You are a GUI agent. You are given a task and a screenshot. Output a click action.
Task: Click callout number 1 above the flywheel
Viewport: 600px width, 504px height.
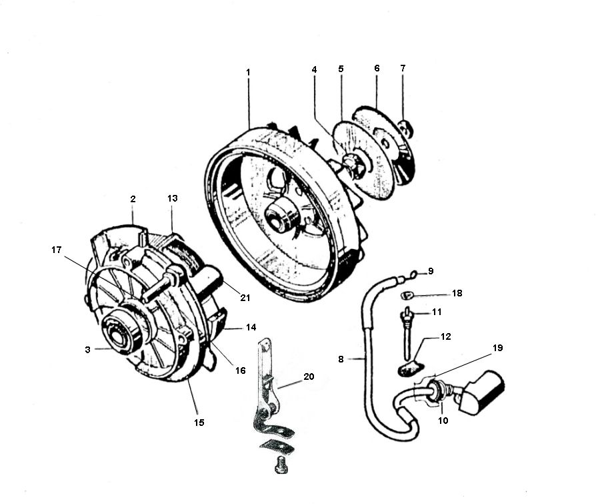click(248, 71)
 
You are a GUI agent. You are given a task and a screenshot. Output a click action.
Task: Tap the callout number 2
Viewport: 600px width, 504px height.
click(133, 199)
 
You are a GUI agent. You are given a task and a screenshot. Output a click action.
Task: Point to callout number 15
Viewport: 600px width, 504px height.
click(199, 422)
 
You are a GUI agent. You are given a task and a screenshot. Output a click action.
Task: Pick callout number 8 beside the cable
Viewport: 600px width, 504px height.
click(341, 358)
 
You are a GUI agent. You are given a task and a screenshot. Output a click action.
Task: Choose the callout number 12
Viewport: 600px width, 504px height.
click(445, 336)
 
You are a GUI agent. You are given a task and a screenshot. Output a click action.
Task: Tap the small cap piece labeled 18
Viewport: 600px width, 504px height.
click(405, 294)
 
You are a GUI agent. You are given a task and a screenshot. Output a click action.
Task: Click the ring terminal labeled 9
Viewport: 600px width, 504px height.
click(413, 274)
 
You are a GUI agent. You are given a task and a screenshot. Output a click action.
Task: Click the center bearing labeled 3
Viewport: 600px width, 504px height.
click(119, 337)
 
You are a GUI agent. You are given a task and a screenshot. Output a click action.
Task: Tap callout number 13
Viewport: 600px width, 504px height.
click(173, 199)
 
